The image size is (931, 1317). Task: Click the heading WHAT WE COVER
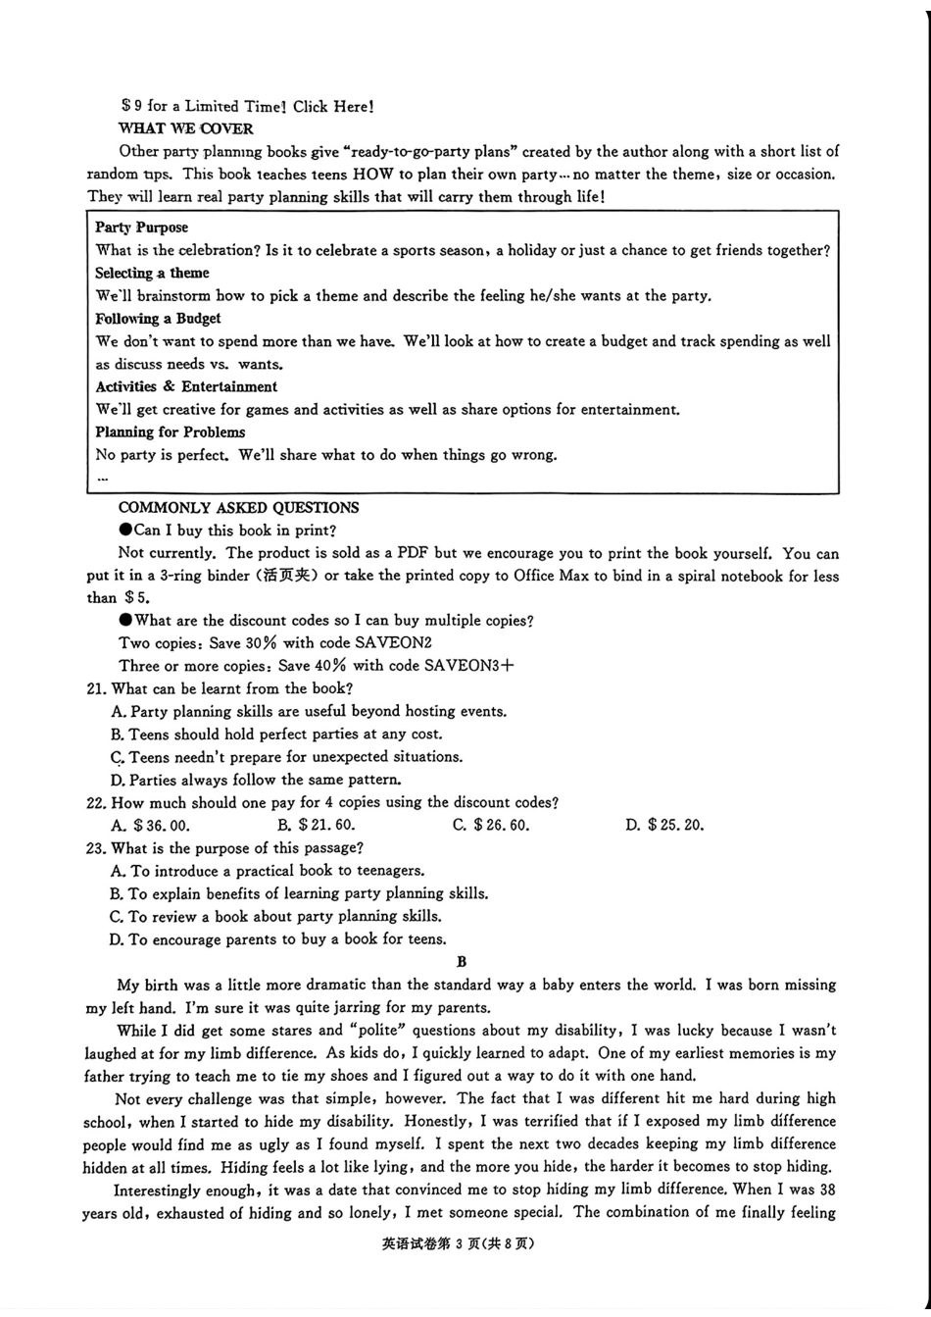(185, 128)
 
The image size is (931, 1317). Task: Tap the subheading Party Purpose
(141, 228)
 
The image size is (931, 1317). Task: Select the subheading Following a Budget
(158, 319)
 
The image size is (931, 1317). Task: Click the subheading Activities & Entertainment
(186, 386)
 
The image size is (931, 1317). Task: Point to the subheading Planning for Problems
(170, 432)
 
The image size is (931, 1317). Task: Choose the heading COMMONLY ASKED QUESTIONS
(238, 508)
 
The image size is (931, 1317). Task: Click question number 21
(96, 689)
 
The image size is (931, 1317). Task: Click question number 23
(96, 848)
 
